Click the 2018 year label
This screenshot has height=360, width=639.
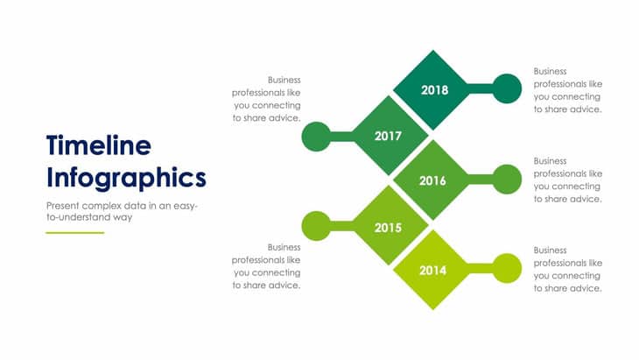coord(434,90)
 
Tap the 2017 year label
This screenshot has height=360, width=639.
coord(388,136)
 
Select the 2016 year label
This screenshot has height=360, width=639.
coord(432,180)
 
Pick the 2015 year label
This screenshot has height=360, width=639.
coord(388,228)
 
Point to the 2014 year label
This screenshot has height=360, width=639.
coord(432,271)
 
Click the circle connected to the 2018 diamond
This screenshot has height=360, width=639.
coord(507,88)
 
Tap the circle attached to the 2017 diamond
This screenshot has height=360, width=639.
coord(316,137)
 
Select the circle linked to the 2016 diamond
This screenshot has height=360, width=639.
coord(507,180)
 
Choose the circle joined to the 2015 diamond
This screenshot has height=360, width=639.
coord(316,226)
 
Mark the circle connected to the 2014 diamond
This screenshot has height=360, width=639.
coord(507,268)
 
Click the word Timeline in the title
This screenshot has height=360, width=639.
coord(99,145)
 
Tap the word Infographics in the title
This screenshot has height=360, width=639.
coord(126,178)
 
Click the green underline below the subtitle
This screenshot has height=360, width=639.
coord(75,233)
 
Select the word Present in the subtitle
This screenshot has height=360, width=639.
coord(62,206)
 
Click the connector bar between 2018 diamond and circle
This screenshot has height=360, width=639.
coord(480,88)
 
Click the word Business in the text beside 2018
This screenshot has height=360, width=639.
coord(551,71)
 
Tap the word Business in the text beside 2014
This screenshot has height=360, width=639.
coord(551,251)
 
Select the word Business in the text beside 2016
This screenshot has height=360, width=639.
coord(551,161)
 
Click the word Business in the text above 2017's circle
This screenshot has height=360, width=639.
coord(284,80)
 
